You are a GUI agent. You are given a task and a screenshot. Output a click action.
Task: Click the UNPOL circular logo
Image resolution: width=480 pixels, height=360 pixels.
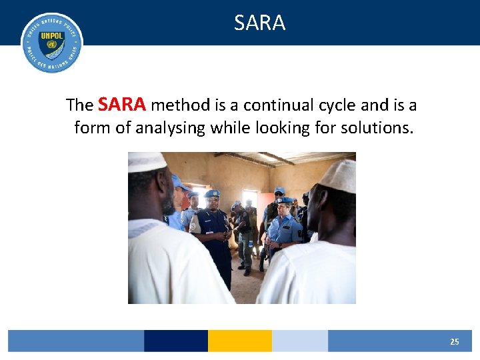[x=52, y=42]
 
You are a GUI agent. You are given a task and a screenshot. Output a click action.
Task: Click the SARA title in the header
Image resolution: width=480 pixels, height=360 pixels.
[x=259, y=23]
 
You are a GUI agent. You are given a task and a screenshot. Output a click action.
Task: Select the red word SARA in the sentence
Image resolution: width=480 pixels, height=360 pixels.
[x=122, y=105]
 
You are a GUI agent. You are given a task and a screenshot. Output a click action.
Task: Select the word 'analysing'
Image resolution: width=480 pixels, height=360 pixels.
[x=170, y=127]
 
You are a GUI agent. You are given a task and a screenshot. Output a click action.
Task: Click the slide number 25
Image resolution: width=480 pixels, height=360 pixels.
[x=454, y=341]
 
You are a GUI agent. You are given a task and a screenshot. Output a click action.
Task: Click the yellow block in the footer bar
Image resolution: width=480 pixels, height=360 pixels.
[x=239, y=341]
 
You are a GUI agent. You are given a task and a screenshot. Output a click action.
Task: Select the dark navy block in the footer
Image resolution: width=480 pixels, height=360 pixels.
[x=175, y=341]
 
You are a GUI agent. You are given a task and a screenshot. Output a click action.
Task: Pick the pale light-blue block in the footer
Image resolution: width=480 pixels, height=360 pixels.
[x=299, y=341]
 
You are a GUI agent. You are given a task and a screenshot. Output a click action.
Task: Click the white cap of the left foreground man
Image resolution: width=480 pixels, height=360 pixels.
[x=147, y=161]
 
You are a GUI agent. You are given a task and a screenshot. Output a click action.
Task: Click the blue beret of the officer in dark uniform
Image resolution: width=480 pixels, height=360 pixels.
[x=213, y=193]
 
